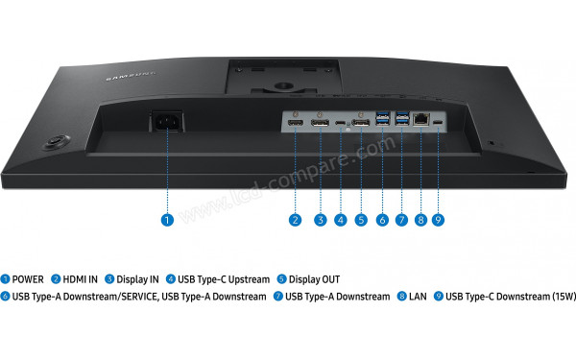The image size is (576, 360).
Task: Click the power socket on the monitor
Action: pos(164,123)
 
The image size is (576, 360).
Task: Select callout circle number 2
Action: pos(296,220)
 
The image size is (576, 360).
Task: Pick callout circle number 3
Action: pos(320,220)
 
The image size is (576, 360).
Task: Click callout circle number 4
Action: pos(341,220)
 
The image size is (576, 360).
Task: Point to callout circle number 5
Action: pos(361,220)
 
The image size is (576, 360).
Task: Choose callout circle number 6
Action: pos(382,220)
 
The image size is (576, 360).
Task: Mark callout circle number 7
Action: pos(401,220)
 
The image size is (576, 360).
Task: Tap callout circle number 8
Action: pos(420,220)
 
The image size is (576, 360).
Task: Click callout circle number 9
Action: pos(438,220)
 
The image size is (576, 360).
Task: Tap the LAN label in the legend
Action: pos(417,297)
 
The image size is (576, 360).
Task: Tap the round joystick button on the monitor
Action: pos(57,142)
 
